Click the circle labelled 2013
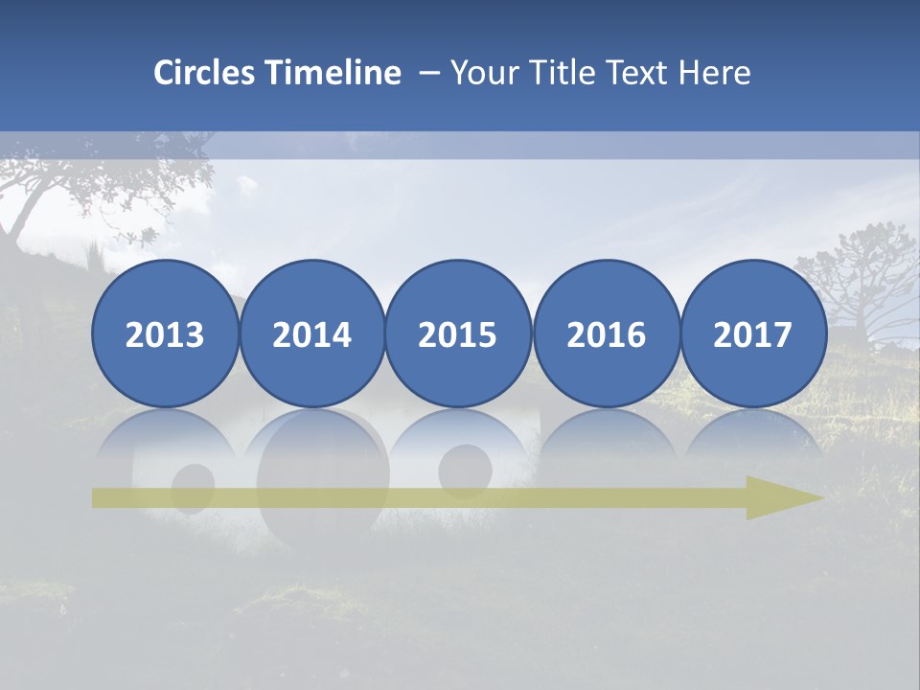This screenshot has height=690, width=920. click(x=165, y=333)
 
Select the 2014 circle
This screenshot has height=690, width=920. click(x=312, y=333)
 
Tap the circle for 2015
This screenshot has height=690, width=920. click(x=458, y=333)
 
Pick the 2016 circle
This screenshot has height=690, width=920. click(x=607, y=333)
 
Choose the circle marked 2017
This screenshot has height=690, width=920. click(x=753, y=333)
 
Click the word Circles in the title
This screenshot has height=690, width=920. click(x=206, y=73)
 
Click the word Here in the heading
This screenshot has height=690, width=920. click(x=715, y=73)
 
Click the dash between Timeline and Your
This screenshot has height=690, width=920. click(x=429, y=73)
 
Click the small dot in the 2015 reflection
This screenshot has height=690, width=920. click(x=465, y=466)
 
